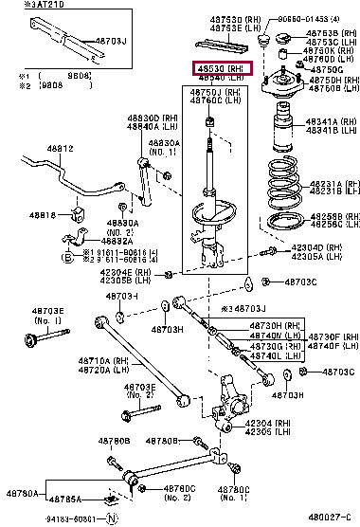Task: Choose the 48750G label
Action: pos(327,69)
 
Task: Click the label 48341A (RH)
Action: pos(323,121)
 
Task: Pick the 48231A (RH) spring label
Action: pos(323,184)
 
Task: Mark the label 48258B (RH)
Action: pos(323,216)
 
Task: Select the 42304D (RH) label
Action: pos(309,247)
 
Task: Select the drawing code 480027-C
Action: pos(327,518)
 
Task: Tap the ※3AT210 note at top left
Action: pos(26,5)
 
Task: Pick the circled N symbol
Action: pos(112,518)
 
